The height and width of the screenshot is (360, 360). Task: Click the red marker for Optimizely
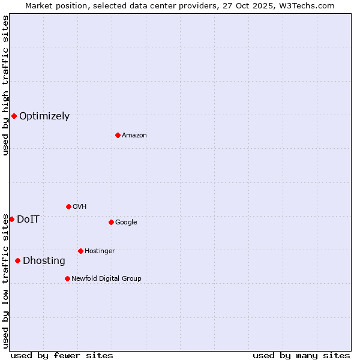click(14, 116)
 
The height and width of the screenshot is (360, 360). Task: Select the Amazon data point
click(118, 135)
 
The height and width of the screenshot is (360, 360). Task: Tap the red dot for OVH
click(68, 206)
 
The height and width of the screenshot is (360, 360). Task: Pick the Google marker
click(111, 222)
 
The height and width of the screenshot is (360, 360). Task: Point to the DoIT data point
click(11, 219)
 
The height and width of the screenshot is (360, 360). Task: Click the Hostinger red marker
click(80, 251)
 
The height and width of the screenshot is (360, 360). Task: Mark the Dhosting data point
click(17, 260)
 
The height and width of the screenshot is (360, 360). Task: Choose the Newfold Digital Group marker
click(67, 278)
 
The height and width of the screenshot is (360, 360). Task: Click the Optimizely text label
click(44, 116)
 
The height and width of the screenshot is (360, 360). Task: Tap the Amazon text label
click(134, 135)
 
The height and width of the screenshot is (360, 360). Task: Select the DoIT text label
click(28, 219)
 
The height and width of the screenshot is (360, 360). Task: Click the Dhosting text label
click(44, 260)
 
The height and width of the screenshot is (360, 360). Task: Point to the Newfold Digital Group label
click(106, 278)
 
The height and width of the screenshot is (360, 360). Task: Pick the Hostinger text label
click(100, 251)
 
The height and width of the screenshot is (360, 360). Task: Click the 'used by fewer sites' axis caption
click(62, 355)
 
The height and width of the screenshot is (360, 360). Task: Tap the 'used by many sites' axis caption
click(301, 355)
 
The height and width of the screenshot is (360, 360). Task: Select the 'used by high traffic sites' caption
click(5, 85)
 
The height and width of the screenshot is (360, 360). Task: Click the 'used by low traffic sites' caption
click(5, 281)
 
